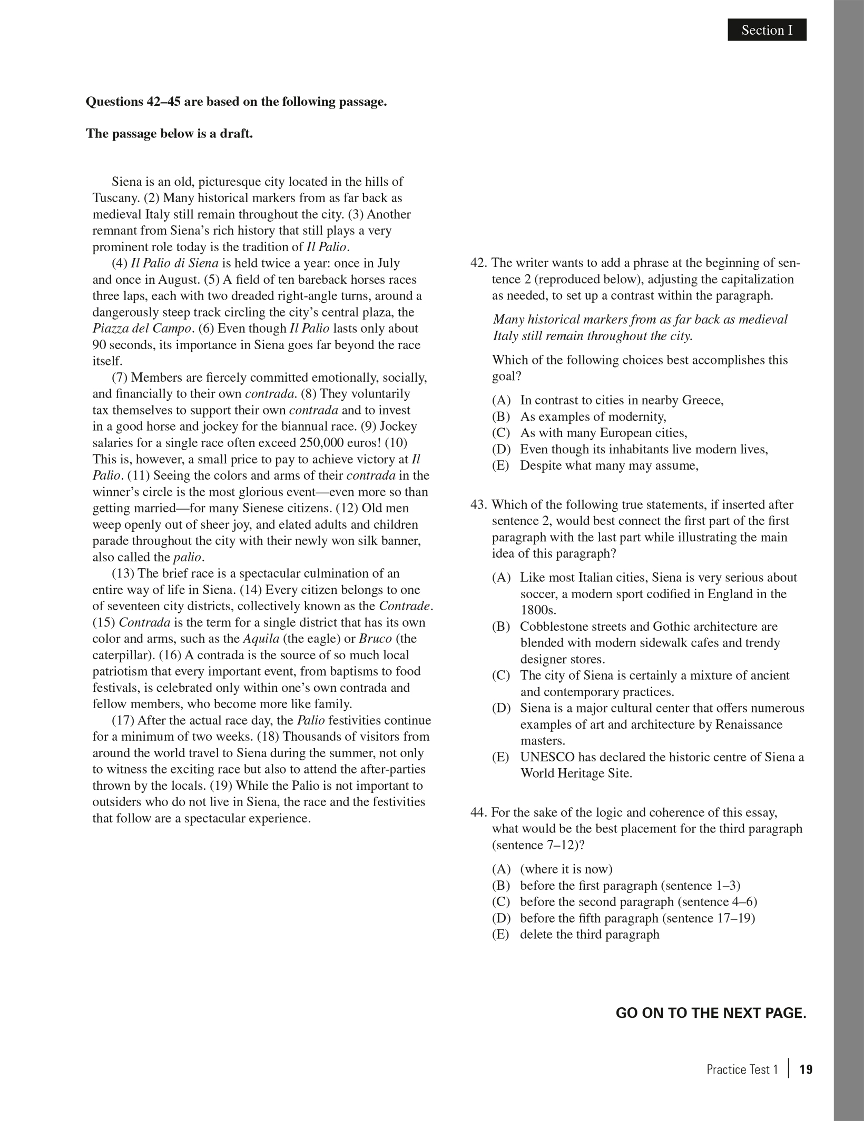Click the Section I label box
(767, 30)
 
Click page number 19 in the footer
(806, 1069)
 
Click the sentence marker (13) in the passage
(122, 573)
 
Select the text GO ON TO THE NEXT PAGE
(710, 1013)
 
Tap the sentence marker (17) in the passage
(122, 720)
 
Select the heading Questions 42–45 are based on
(236, 102)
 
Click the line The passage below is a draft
(169, 133)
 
